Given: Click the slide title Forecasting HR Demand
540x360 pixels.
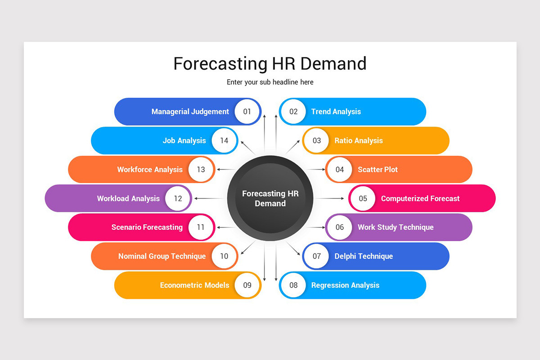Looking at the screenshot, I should (270, 63).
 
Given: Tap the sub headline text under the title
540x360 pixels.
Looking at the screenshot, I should (270, 82).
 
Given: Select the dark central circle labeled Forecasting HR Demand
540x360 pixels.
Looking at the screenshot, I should (270, 198).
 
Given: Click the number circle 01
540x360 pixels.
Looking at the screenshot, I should (247, 112).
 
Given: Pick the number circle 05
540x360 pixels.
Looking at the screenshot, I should (363, 198).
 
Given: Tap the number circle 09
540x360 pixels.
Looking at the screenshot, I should (247, 285).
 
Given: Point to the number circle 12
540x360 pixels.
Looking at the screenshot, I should (178, 198).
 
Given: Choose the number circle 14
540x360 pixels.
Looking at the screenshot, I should (224, 140).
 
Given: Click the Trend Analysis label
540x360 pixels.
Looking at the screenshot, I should (336, 112).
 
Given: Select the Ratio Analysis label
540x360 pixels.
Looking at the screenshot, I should (358, 140).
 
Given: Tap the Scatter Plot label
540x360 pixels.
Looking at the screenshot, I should (378, 170).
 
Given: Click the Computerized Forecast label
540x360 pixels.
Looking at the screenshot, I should (420, 198).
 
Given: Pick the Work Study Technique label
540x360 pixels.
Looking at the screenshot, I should (396, 227).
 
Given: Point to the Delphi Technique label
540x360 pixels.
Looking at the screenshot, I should (364, 256).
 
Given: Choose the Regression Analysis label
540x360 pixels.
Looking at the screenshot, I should (345, 285).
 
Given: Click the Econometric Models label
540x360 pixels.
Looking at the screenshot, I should (194, 285).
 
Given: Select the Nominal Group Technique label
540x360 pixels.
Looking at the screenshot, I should (162, 256).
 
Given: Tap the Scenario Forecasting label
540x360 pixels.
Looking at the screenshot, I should (147, 227).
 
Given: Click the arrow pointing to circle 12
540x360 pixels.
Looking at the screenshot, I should (209, 198).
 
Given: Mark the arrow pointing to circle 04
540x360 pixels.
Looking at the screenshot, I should (315, 170).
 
